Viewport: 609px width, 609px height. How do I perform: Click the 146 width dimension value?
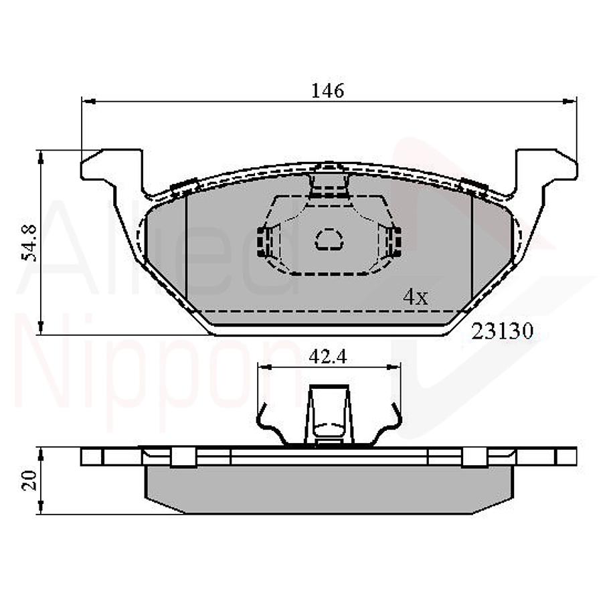click(x=327, y=90)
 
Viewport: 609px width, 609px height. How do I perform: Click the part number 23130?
click(x=503, y=331)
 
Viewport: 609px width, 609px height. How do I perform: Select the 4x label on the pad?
click(x=415, y=297)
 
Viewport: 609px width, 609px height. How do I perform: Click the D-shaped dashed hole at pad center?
click(x=328, y=239)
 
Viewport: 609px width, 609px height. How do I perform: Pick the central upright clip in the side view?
click(x=328, y=415)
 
